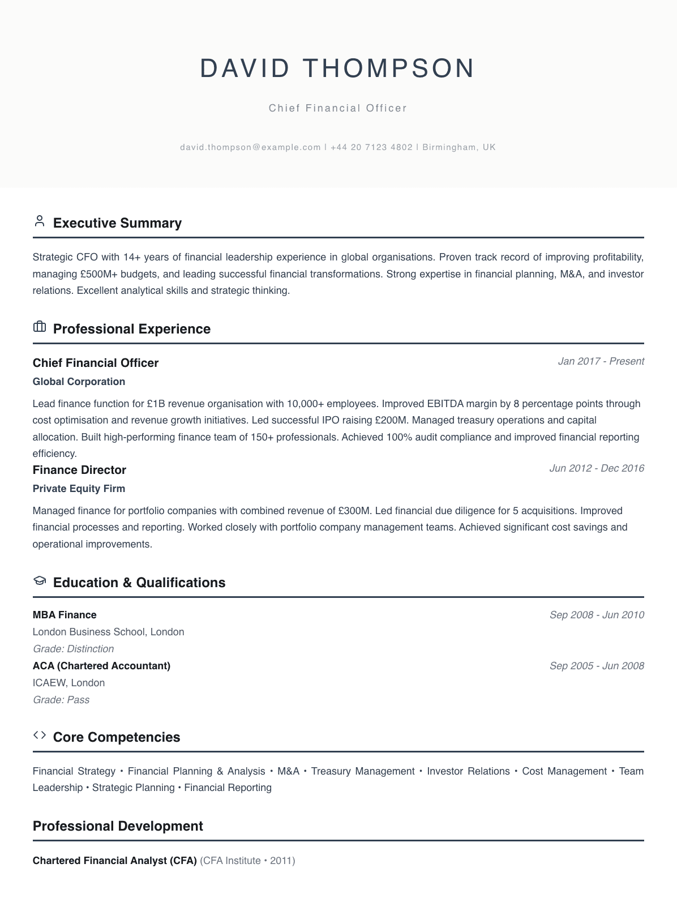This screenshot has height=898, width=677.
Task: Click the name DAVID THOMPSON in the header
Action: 338,69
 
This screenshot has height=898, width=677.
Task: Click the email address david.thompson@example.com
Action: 250,147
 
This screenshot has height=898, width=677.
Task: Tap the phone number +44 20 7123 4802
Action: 371,147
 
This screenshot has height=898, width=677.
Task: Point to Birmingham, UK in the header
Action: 459,147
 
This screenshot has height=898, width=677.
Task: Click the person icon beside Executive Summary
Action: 40,221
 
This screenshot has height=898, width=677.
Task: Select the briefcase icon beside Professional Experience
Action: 40,327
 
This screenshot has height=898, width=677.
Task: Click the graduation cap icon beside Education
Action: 40,580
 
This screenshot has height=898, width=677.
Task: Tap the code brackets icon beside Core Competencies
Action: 40,735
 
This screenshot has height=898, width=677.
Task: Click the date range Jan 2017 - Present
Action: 601,361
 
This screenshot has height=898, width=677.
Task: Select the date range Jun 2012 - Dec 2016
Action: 597,468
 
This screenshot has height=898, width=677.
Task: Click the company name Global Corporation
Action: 79,382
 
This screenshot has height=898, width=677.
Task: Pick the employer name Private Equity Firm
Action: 79,489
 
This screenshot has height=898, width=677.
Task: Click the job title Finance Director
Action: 79,470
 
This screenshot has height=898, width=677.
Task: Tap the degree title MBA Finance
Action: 65,615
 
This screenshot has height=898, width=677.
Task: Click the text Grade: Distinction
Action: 73,649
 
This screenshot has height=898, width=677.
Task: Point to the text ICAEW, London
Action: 68,683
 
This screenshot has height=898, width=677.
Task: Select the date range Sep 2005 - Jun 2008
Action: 597,666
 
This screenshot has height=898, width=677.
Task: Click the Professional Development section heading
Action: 118,826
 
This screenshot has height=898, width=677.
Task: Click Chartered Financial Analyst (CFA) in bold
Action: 114,861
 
